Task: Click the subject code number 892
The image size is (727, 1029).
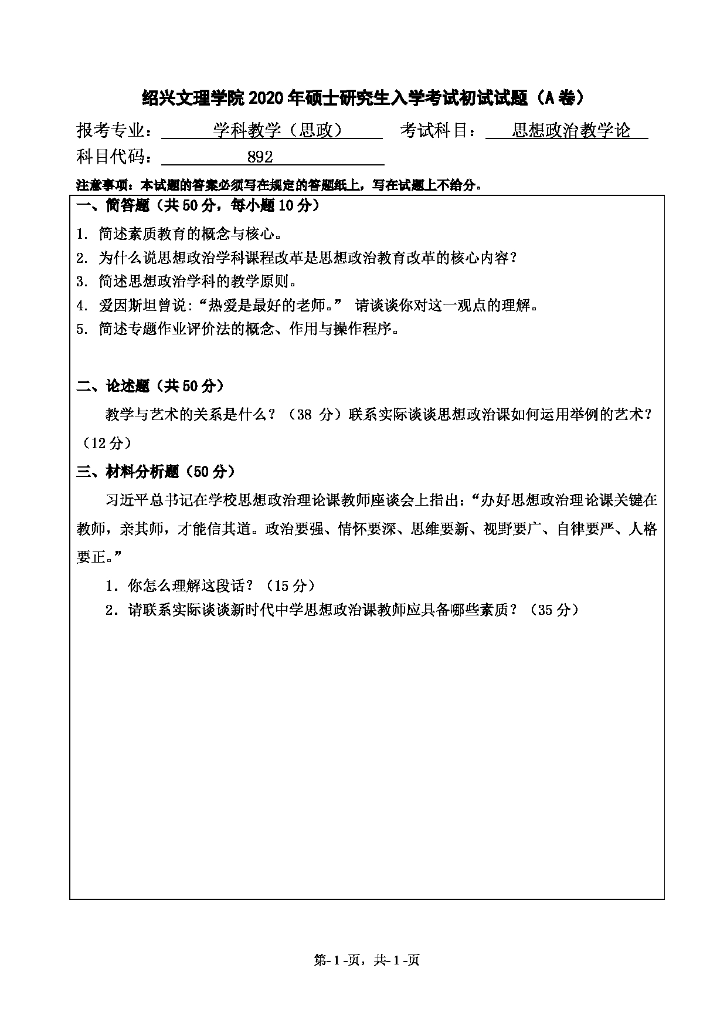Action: click(260, 157)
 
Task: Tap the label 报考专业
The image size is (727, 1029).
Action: click(113, 130)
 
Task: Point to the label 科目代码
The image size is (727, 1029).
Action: click(113, 157)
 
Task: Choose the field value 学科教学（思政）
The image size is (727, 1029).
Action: click(278, 130)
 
